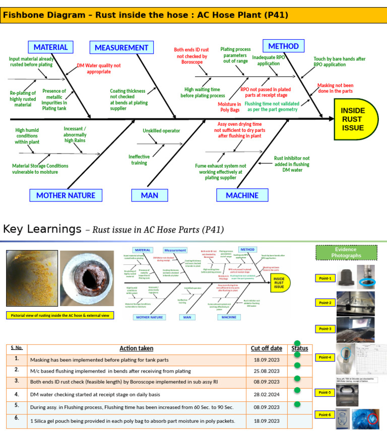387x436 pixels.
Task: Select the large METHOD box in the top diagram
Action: point(283,46)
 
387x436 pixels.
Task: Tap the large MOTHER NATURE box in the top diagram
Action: point(66,195)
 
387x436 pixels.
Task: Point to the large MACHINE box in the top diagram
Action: point(242,195)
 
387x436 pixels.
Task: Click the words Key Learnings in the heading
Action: point(42,230)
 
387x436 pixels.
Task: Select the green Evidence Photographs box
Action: point(346,253)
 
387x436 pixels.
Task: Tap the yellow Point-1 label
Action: point(325,278)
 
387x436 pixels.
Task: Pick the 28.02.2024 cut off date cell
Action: point(267,395)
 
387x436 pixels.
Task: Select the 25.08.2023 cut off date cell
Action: point(267,371)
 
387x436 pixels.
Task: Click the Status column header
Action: point(299,348)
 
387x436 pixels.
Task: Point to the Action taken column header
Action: point(136,348)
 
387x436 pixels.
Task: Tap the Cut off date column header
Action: point(267,348)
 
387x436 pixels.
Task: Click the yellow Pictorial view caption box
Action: point(60,315)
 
